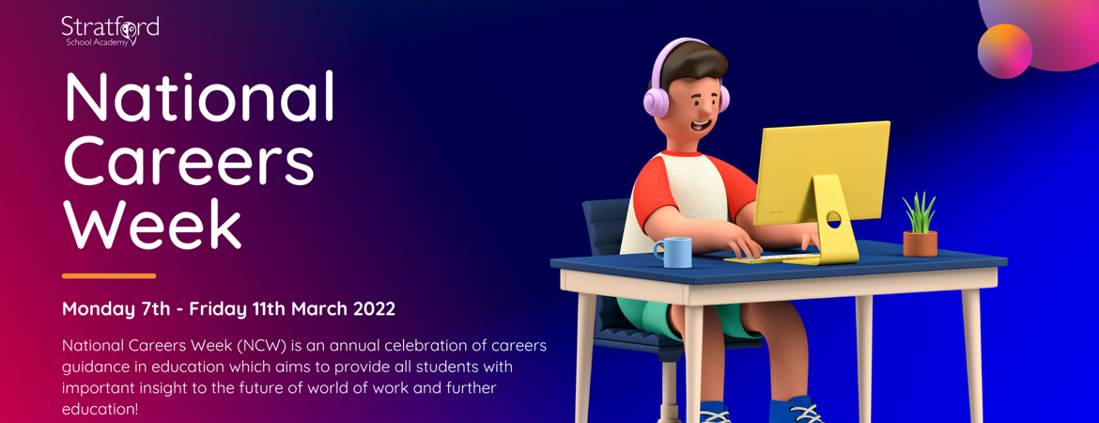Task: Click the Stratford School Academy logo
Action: (x=110, y=30)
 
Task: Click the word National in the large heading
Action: (x=199, y=98)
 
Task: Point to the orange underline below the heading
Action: (x=109, y=275)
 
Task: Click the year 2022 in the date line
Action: (x=374, y=308)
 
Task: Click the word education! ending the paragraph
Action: (x=100, y=410)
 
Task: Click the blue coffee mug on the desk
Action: (x=673, y=252)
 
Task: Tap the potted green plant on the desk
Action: (x=920, y=227)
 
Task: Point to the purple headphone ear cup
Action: (x=655, y=99)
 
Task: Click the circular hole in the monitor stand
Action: (x=833, y=219)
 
